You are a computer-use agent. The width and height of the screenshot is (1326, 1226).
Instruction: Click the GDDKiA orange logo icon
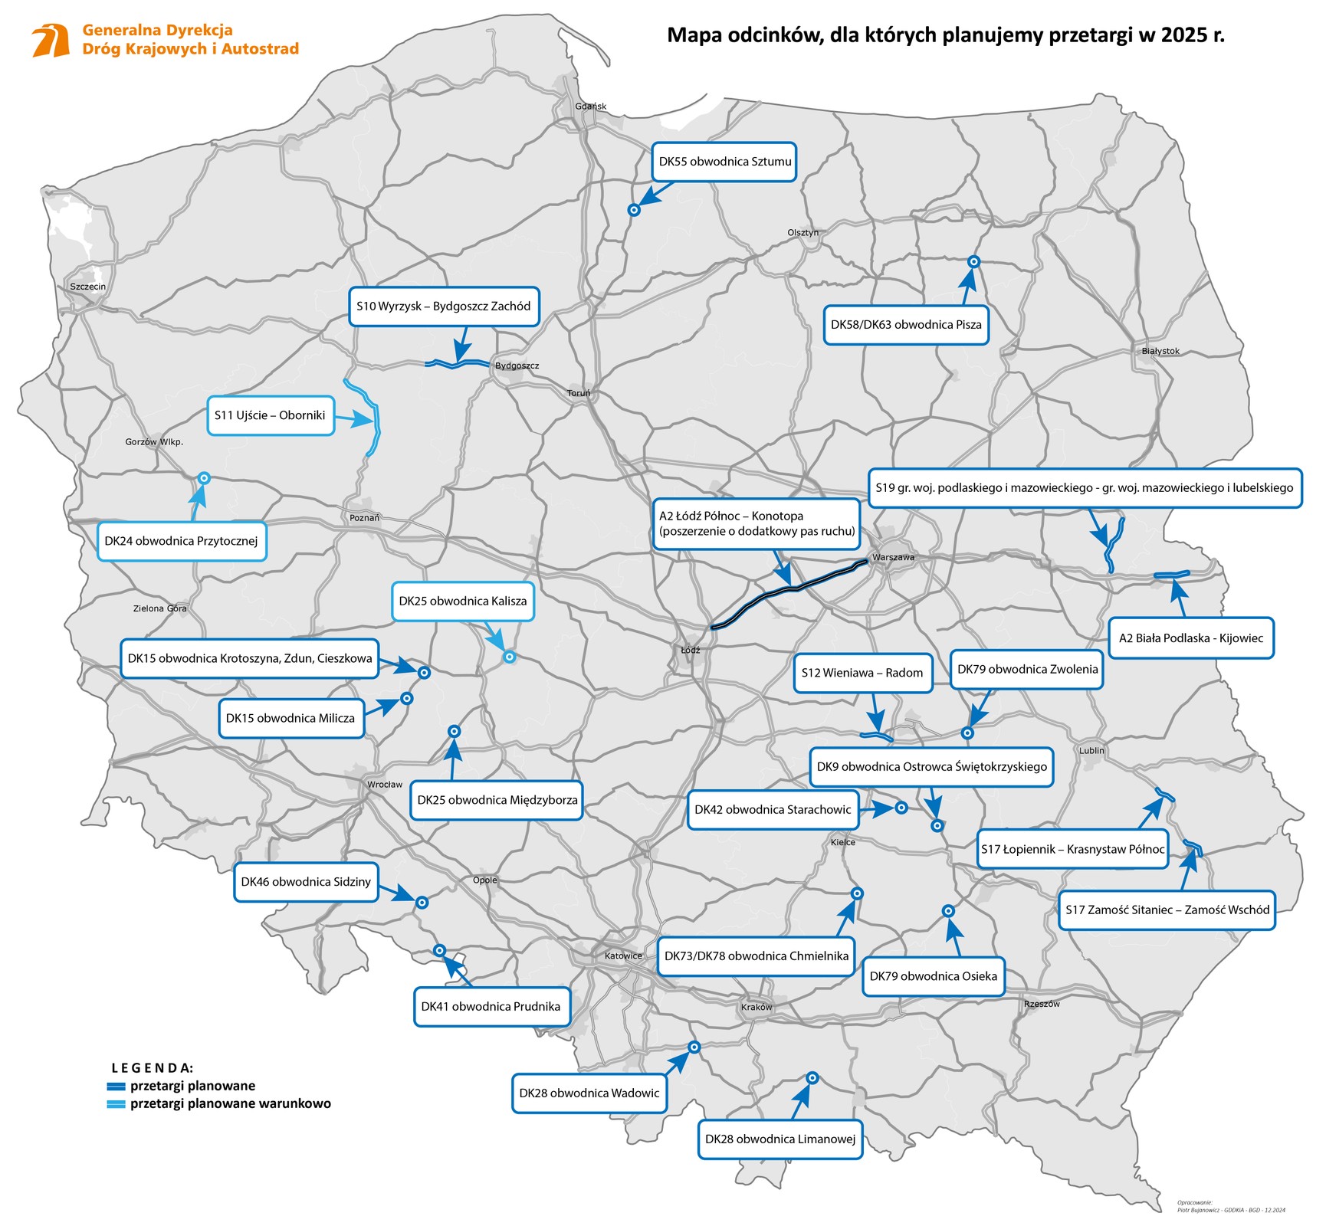pyautogui.click(x=51, y=40)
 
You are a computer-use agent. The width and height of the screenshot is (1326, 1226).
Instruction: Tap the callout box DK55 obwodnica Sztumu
pyautogui.click(x=724, y=162)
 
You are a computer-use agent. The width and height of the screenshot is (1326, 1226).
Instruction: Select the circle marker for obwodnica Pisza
pyautogui.click(x=973, y=262)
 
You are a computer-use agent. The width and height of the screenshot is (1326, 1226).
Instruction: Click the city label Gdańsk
pyautogui.click(x=590, y=107)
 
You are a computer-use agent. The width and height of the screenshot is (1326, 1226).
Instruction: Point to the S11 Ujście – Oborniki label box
pyautogui.click(x=271, y=415)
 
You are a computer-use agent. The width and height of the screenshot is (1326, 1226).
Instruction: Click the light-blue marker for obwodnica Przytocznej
pyautogui.click(x=204, y=478)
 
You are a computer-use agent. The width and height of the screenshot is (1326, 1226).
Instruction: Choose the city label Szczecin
pyautogui.click(x=88, y=287)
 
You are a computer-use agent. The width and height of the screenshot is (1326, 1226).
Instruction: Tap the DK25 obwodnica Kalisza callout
pyautogui.click(x=463, y=602)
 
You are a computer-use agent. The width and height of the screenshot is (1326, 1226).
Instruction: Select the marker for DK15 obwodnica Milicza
pyautogui.click(x=407, y=698)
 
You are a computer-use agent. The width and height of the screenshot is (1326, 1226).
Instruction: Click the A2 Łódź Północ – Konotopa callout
pyautogui.click(x=757, y=524)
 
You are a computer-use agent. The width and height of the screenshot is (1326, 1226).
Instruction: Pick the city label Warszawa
pyautogui.click(x=893, y=557)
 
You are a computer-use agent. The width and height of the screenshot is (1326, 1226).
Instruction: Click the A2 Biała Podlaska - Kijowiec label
pyautogui.click(x=1190, y=638)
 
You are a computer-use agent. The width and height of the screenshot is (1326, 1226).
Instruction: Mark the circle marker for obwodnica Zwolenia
pyautogui.click(x=967, y=733)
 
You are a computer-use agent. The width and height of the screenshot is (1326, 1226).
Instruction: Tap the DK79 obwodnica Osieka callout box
pyautogui.click(x=933, y=976)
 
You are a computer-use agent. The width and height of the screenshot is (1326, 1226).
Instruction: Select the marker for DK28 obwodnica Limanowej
pyautogui.click(x=812, y=1078)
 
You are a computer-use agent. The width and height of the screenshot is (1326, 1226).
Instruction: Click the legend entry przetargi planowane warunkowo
pyautogui.click(x=230, y=1104)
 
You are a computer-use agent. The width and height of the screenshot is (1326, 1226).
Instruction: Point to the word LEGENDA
pyautogui.click(x=153, y=1067)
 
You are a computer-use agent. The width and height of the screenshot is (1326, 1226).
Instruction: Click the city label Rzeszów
pyautogui.click(x=1042, y=1004)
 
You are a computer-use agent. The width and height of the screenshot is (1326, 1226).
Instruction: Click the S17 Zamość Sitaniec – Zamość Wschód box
pyautogui.click(x=1167, y=910)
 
